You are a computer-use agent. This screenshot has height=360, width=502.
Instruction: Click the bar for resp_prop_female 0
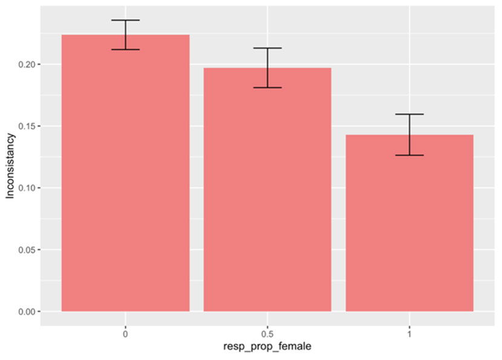pos(126,182)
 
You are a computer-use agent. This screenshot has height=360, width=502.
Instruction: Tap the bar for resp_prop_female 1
pos(409,224)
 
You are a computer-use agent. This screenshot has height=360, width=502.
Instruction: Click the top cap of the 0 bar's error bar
pos(126,21)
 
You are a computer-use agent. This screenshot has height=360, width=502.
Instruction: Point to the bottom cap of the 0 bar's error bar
pos(126,50)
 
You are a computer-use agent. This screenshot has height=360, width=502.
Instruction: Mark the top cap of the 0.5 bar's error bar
pos(267,48)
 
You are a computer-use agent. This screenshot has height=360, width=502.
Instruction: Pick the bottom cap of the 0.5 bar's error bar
pos(267,88)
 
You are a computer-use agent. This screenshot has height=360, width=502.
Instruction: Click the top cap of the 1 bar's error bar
pos(409,114)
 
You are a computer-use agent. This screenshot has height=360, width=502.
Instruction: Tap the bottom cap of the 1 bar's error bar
pos(409,155)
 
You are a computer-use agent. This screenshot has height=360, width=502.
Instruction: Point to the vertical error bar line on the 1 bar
pos(409,134)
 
